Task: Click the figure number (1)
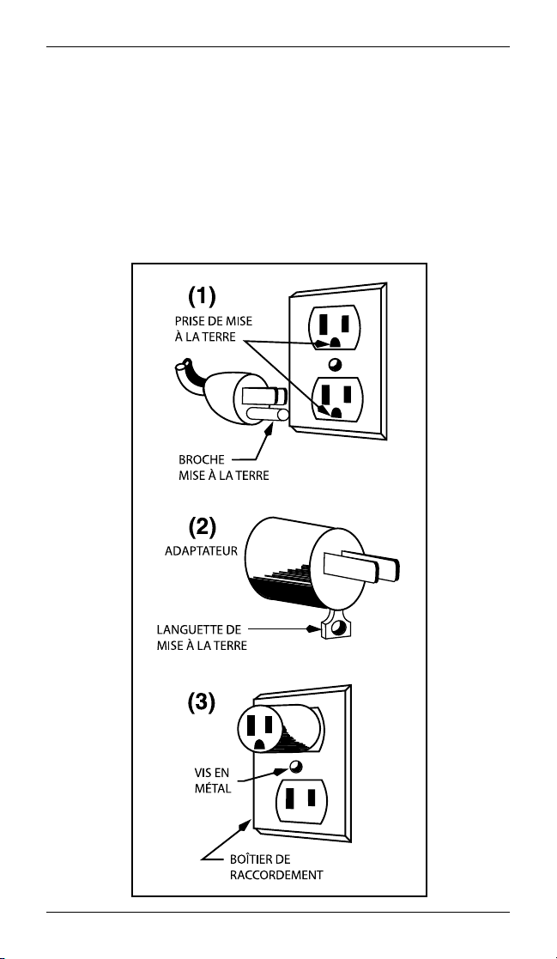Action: [201, 299]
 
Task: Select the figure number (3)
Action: [201, 703]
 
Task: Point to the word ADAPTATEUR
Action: [201, 551]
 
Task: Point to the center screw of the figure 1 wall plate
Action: [335, 364]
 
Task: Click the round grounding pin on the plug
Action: [266, 416]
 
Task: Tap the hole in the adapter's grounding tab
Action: [337, 628]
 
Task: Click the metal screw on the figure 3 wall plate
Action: [297, 768]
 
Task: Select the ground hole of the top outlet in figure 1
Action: [335, 343]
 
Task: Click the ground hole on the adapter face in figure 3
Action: [260, 744]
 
